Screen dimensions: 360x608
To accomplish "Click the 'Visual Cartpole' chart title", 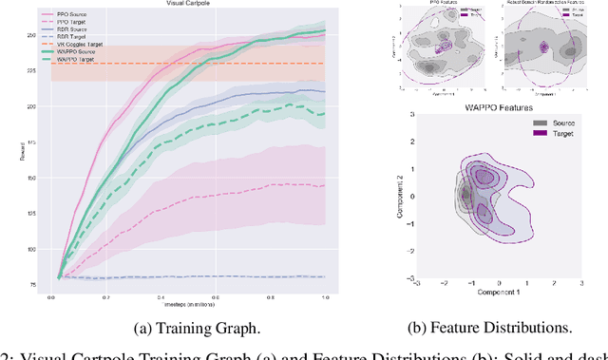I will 186,5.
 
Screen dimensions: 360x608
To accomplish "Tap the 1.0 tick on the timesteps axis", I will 324,297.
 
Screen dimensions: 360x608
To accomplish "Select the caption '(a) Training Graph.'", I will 186,329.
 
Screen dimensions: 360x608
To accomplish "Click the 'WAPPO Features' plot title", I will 484,103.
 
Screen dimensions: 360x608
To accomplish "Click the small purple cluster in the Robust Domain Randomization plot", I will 543,47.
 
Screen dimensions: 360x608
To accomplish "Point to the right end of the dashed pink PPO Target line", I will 324,185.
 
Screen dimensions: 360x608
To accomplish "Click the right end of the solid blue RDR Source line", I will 324,91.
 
